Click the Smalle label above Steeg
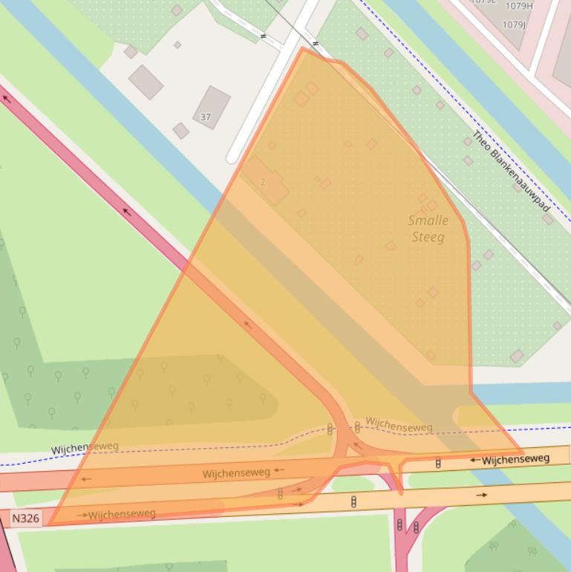[428, 221]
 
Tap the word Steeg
[428, 237]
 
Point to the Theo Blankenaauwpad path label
[512, 172]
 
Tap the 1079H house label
[518, 6]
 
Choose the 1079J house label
[514, 25]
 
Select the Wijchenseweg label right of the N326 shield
[122, 514]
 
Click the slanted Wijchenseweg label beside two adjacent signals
[399, 426]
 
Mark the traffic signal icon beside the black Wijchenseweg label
[438, 463]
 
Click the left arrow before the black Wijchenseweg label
[474, 461]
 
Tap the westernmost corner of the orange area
[49, 524]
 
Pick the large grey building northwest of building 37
[146, 82]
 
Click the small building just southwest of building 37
[180, 131]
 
